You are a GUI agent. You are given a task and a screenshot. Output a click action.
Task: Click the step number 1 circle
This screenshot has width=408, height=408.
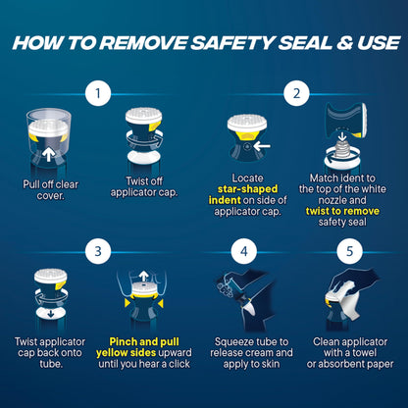coord(98,93)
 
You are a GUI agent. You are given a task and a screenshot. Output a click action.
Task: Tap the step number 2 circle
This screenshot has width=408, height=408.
coord(296,93)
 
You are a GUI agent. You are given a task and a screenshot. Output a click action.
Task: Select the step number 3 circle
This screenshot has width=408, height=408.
coord(98,251)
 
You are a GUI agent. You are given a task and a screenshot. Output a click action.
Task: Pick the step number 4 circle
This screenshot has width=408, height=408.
coord(244,251)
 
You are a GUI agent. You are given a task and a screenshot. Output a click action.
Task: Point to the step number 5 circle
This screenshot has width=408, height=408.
coord(349,251)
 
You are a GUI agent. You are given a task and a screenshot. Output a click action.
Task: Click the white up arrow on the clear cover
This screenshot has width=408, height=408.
coord(48,155)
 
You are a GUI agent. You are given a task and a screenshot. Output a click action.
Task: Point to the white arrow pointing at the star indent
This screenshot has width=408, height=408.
coord(262,146)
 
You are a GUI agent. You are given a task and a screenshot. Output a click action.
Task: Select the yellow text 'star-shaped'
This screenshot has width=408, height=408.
coord(247,189)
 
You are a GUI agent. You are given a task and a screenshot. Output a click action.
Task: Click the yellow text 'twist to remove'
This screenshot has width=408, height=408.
coord(342,211)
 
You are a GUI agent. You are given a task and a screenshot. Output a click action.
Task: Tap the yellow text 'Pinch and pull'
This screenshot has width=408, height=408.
coord(144,341)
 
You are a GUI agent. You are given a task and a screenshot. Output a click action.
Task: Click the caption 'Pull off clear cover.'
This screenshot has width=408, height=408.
coord(50,189)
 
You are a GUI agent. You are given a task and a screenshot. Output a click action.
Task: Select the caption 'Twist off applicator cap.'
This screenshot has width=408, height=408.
coord(144,186)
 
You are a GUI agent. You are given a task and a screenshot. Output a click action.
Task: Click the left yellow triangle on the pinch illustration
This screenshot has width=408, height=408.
coord(127,303)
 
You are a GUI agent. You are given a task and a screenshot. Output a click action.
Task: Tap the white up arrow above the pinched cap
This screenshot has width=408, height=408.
coord(143,276)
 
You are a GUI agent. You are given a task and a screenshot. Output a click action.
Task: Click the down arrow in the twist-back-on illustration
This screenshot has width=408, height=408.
coord(51,314)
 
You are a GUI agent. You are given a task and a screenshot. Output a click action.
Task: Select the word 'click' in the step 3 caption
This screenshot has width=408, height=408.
coord(179,364)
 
